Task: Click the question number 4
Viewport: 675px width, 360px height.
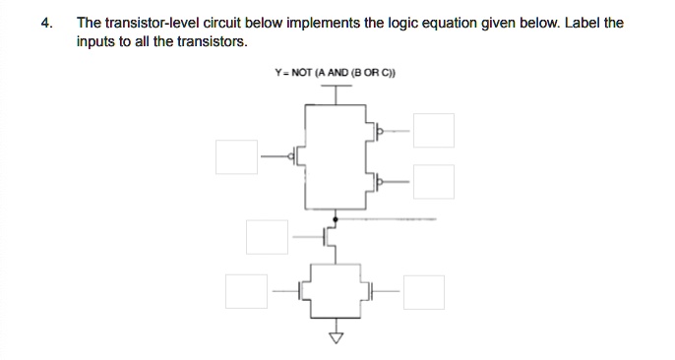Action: pos(46,23)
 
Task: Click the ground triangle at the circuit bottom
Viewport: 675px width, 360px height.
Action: pos(337,339)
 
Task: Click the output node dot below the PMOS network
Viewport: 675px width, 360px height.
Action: pos(337,218)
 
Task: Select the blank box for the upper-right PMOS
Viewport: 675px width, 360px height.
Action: pos(433,130)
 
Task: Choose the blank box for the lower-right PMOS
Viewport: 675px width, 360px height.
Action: pos(433,181)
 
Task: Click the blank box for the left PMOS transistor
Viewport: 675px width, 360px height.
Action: pos(237,156)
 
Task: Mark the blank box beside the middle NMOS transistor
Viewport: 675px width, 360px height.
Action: pos(267,236)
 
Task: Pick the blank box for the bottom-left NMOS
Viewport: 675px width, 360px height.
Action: pos(245,290)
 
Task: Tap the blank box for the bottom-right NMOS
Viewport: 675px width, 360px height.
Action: pos(423,290)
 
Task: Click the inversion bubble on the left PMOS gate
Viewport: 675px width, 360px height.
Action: pos(292,156)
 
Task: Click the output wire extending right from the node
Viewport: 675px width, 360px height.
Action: pos(394,218)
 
